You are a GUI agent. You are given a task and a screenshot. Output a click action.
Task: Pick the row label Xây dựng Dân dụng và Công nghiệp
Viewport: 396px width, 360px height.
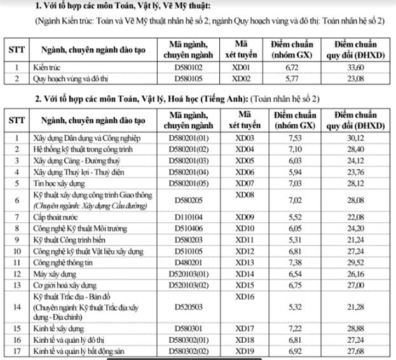(x=88, y=138)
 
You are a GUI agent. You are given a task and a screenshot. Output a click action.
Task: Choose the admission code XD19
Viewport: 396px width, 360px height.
(x=242, y=350)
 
